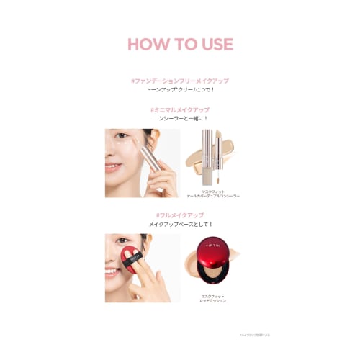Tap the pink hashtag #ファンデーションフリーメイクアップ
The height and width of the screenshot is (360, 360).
(180, 81)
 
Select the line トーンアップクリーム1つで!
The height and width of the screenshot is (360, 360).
(180, 91)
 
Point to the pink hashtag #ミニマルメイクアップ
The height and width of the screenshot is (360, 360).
(180, 109)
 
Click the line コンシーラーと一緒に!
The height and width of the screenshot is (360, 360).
(180, 120)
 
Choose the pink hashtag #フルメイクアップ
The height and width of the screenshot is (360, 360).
(180, 215)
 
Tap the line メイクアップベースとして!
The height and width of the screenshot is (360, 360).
(180, 225)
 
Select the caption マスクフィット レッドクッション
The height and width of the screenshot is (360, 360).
(213, 297)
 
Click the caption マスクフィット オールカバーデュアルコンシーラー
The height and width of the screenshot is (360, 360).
(213, 193)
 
